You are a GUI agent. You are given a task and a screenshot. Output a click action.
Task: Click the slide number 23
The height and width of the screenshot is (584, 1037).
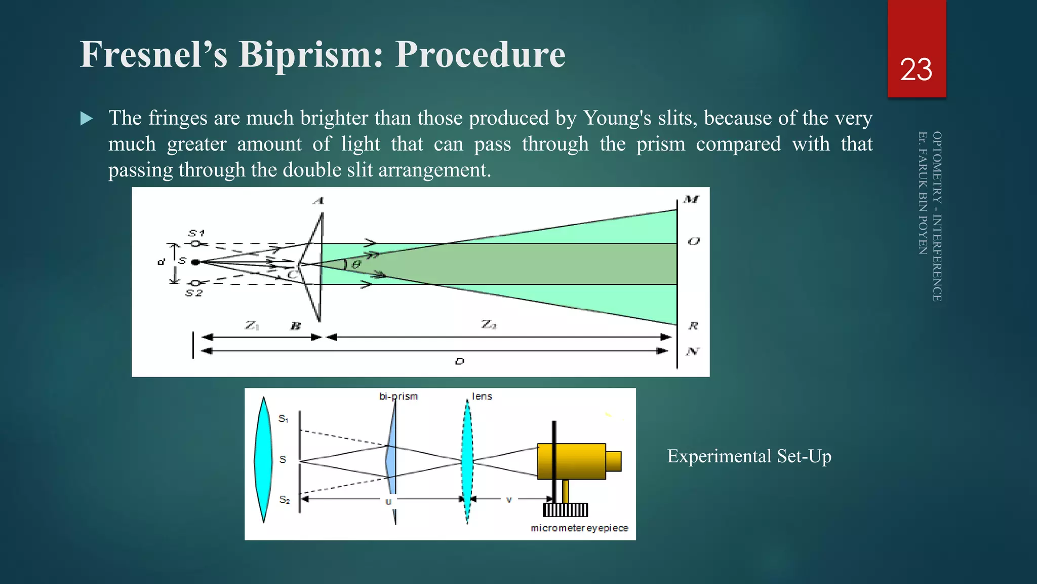pyautogui.click(x=916, y=69)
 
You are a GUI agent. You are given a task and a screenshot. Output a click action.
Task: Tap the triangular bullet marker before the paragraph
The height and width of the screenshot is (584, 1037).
pyautogui.click(x=87, y=119)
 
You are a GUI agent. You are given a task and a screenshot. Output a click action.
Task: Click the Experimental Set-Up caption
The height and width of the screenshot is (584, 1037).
pyautogui.click(x=749, y=456)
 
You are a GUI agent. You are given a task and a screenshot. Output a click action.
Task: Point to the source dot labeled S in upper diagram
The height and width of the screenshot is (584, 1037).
pyautogui.click(x=195, y=262)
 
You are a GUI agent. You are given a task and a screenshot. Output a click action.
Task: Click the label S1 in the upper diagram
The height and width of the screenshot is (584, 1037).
pyautogui.click(x=196, y=233)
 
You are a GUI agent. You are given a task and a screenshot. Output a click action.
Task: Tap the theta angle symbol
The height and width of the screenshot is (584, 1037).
pyautogui.click(x=356, y=264)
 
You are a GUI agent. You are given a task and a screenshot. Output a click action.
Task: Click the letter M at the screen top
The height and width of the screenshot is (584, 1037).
pyautogui.click(x=691, y=200)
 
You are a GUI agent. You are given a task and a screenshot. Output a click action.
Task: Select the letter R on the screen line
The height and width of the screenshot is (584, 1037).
pyautogui.click(x=693, y=325)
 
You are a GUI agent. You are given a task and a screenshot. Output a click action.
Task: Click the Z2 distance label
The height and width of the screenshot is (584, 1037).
pyautogui.click(x=489, y=324)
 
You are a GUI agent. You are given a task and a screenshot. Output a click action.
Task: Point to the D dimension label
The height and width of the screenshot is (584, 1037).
pyautogui.click(x=459, y=361)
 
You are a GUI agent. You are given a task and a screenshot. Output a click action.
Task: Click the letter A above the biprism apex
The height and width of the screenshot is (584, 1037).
pyautogui.click(x=318, y=201)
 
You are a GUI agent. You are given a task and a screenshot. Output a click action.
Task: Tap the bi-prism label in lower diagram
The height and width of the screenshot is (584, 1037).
pyautogui.click(x=398, y=396)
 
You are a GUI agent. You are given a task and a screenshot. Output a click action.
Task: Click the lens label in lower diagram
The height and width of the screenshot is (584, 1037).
pyautogui.click(x=482, y=396)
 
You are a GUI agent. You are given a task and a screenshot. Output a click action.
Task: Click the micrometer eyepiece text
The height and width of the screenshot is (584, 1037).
pyautogui.click(x=579, y=528)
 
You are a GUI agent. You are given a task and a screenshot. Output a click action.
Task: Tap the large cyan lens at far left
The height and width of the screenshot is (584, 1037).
pyautogui.click(x=263, y=459)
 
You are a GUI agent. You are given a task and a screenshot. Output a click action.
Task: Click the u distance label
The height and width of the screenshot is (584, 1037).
pyautogui.click(x=388, y=501)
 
